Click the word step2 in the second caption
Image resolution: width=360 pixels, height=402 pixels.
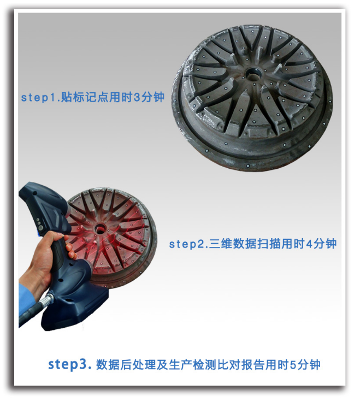187,244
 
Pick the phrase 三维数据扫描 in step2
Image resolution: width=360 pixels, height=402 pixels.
246,244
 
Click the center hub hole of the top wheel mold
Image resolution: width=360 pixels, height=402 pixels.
253,73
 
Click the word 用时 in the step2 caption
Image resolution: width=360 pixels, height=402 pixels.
295,244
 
